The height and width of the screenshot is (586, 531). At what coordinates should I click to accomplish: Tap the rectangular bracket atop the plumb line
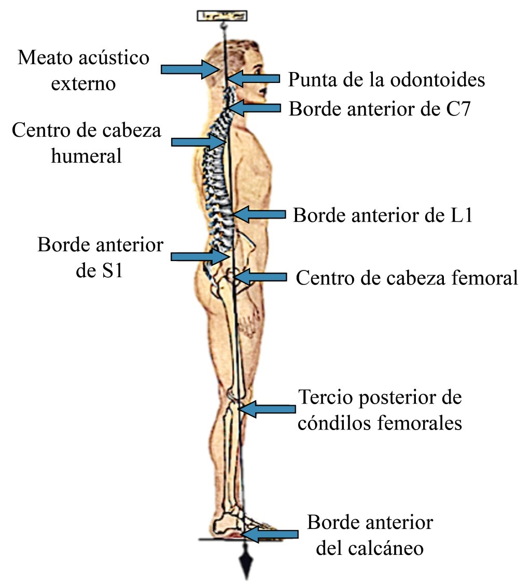coord(222,16)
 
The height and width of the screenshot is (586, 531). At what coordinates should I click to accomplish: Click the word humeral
coord(86,155)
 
